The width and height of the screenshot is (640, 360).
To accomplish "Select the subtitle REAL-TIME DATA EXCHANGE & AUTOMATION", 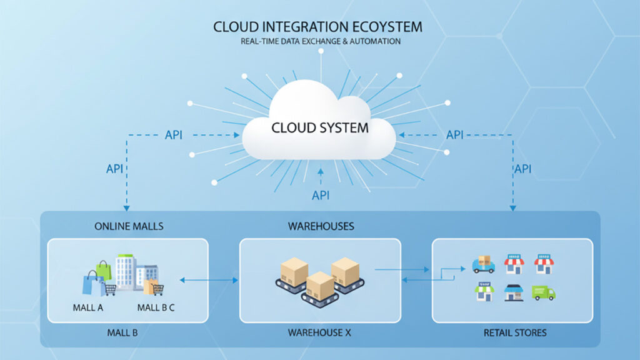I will (321, 41).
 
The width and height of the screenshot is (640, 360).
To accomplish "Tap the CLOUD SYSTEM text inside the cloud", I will (319, 128).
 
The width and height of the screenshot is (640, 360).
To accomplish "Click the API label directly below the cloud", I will (321, 196).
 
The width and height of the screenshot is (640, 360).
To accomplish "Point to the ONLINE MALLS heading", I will (129, 226).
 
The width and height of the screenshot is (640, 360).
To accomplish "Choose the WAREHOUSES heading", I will (319, 226).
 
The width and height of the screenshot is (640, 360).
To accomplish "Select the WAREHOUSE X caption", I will (319, 332).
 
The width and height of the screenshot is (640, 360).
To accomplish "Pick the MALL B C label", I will (156, 307).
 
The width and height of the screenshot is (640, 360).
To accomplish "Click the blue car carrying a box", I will (483, 265).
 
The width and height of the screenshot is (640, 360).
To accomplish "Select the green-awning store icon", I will (484, 291).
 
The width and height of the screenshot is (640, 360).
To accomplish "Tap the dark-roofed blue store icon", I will (513, 292).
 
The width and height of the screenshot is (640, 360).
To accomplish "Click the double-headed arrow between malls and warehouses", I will (209, 280).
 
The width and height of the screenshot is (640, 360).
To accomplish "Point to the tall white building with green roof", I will (125, 271).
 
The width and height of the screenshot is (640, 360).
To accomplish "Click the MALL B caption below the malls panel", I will (122, 332).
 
